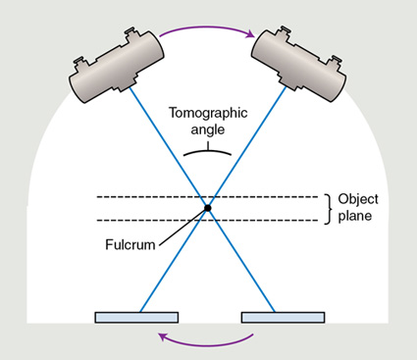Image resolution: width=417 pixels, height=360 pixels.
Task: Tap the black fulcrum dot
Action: click(208, 207)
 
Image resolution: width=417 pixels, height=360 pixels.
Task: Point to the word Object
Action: click(358, 198)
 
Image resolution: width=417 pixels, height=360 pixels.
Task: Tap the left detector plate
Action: click(136, 317)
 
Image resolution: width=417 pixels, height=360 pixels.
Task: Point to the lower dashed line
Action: click(147, 220)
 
